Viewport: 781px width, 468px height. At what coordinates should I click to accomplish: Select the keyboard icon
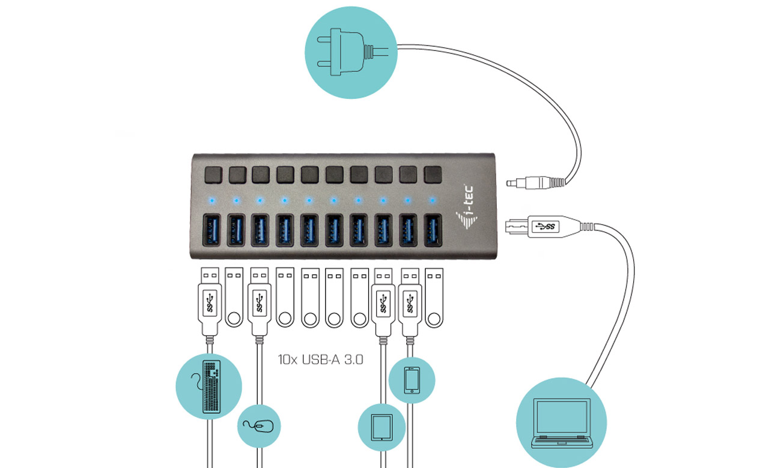coord(208,385)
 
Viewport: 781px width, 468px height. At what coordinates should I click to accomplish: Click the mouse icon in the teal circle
coord(259,426)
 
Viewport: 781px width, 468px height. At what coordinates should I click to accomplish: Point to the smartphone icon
coord(412,380)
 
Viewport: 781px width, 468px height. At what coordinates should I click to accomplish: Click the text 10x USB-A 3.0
coord(321,360)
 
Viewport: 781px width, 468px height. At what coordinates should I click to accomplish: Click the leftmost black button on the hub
coord(212,175)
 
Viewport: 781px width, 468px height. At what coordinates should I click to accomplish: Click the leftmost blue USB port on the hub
coord(212,230)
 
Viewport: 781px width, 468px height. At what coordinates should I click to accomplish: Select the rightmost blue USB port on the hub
coord(432,230)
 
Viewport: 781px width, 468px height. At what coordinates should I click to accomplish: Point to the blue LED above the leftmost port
coord(211,200)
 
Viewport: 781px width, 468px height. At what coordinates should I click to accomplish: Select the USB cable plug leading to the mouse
coord(258,300)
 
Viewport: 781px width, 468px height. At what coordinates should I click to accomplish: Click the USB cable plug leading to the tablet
coord(383,300)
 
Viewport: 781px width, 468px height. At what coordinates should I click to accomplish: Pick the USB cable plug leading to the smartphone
coord(409,300)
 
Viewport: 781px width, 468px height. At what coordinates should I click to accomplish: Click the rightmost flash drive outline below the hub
coord(434,297)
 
